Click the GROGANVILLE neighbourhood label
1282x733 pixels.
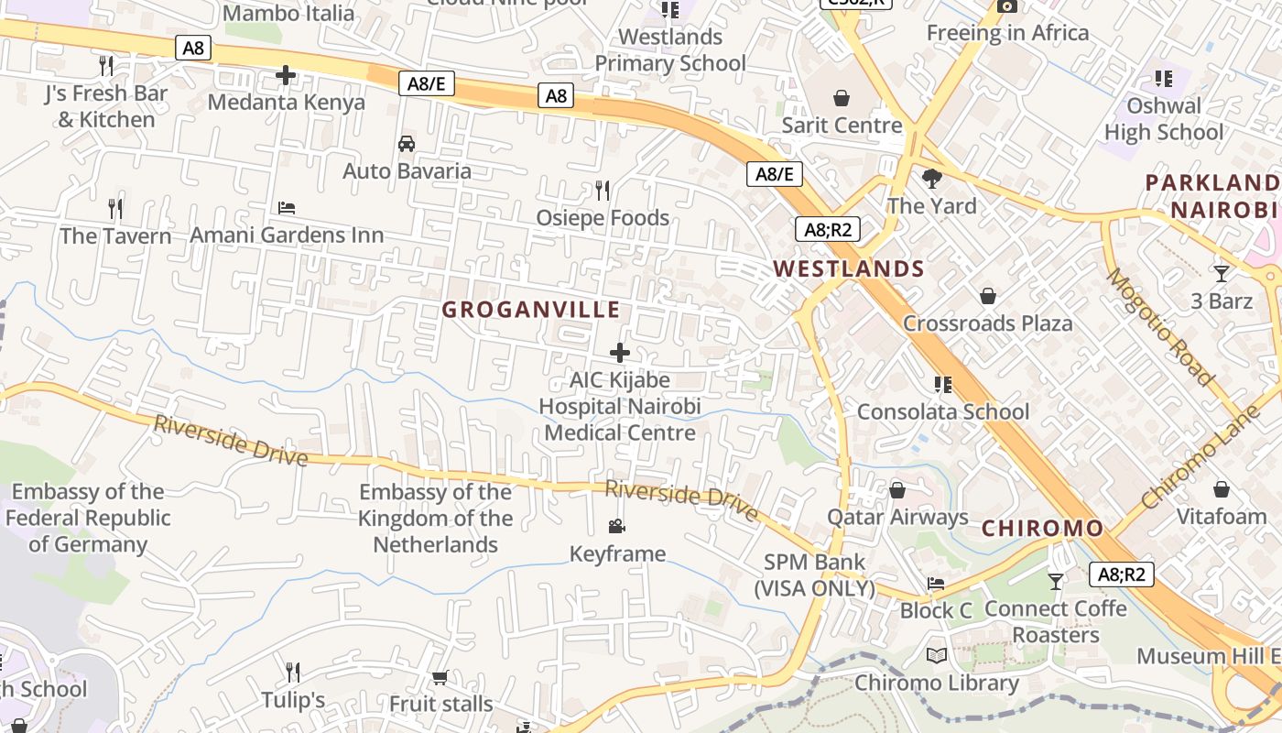pos(531,310)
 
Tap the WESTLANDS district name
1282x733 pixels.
pos(849,268)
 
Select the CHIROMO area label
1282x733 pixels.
pos(1042,529)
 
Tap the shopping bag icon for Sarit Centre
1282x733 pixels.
pos(842,98)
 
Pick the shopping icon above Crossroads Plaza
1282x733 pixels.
pos(987,296)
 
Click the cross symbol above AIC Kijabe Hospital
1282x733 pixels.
pos(620,352)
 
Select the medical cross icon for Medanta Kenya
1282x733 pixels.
pos(286,75)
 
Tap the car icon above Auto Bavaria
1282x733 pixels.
pos(407,144)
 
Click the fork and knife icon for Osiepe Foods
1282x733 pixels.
pos(603,191)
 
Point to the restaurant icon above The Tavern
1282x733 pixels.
pos(115,209)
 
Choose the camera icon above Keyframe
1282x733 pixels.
pos(617,526)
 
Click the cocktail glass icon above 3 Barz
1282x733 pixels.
pos(1221,273)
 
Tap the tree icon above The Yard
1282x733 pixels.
pos(932,178)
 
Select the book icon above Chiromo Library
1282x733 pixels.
pos(936,655)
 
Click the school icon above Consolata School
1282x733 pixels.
pos(942,384)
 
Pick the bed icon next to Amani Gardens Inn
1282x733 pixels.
pos(287,208)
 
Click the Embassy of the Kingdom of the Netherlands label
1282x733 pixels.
pos(435,519)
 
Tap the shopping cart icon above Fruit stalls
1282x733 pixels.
pos(440,677)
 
